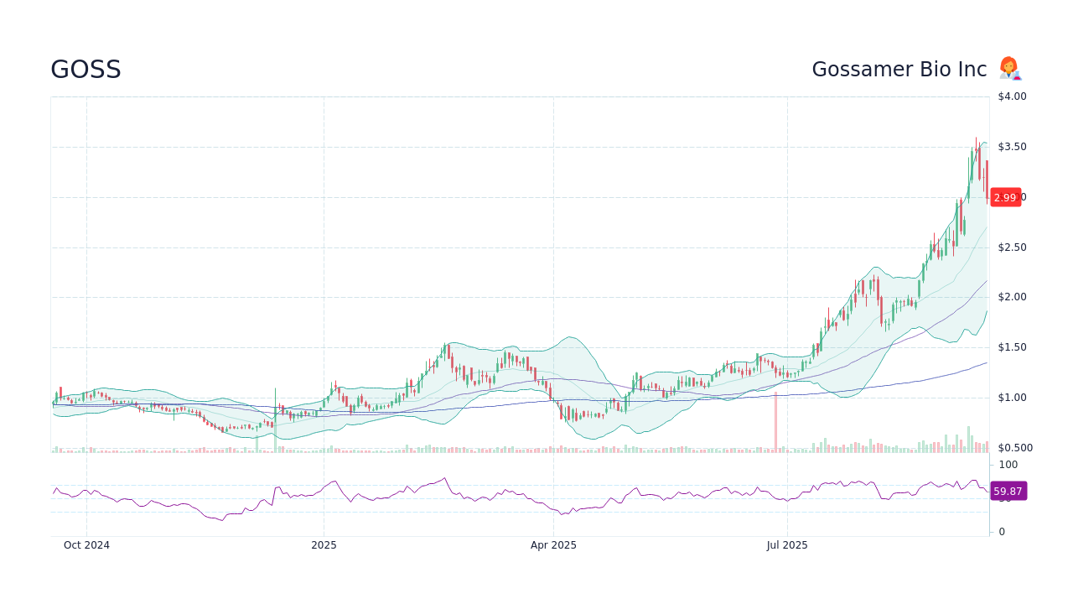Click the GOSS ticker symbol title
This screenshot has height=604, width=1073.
point(86,70)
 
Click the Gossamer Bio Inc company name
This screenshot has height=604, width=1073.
point(899,70)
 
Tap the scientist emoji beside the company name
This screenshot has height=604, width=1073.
point(1009,69)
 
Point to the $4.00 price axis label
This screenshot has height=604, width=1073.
point(1012,96)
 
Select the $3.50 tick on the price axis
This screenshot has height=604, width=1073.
point(1012,147)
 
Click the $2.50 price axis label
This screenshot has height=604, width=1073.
point(1012,247)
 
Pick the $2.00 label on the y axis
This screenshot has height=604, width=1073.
point(1012,297)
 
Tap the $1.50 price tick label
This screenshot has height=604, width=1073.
point(1012,347)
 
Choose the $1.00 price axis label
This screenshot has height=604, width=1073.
point(1012,398)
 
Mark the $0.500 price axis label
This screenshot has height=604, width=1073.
point(1014,448)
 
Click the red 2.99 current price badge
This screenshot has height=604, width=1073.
point(1005,197)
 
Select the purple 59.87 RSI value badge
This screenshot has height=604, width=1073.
point(1008,491)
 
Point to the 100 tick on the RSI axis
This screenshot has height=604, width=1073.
point(1008,465)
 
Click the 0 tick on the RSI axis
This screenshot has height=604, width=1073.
point(1002,532)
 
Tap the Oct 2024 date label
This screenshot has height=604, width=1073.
point(86,545)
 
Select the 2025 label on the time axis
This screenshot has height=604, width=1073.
point(324,545)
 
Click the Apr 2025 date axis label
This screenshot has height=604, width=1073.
point(553,545)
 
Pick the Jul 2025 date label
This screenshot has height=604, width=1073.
point(787,545)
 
